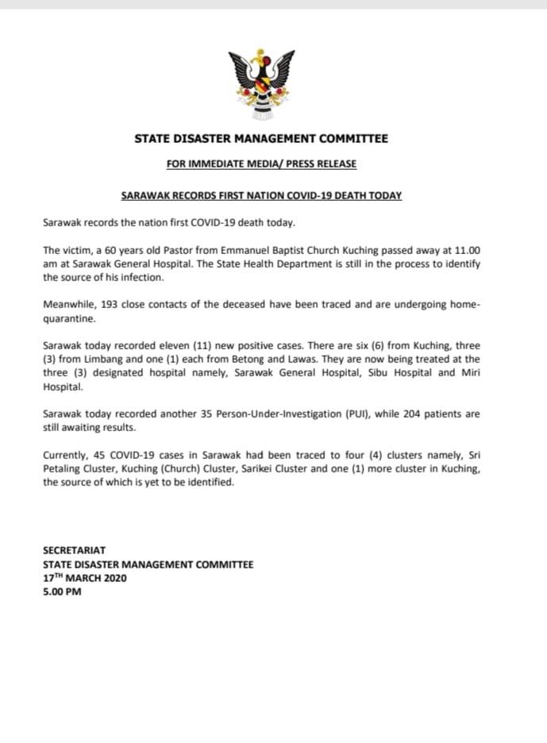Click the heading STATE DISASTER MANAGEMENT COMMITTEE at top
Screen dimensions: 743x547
[261, 139]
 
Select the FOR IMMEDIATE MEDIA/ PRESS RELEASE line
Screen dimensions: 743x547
[261, 164]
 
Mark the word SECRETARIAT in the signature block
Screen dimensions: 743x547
[75, 550]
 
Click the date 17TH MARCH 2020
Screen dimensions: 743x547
[85, 578]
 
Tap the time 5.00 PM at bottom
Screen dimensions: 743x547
[63, 592]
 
